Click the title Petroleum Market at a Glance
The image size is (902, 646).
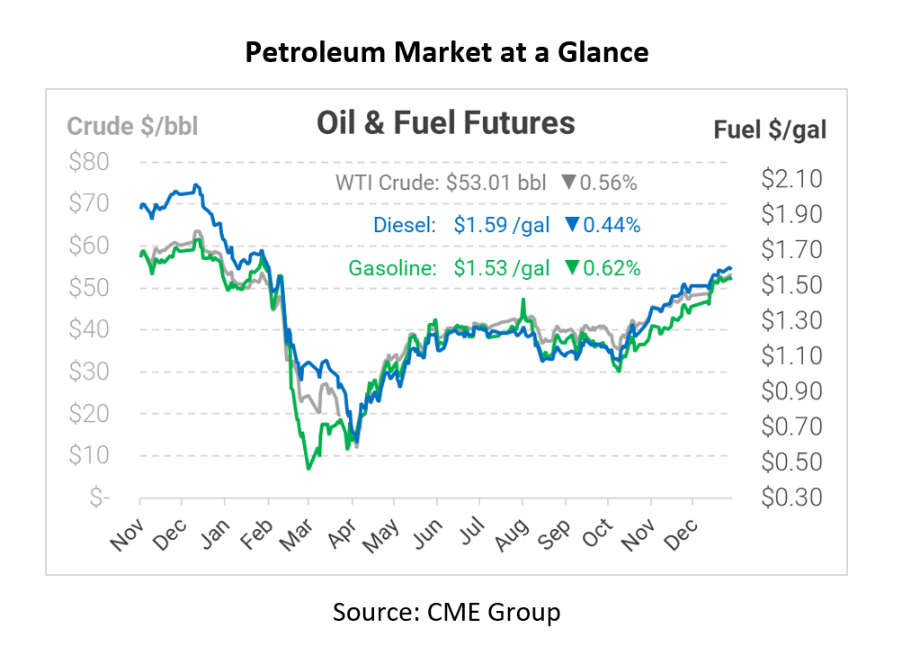tap(447, 52)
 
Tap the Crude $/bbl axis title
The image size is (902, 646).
tap(132, 126)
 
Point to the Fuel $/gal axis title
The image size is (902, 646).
tap(770, 130)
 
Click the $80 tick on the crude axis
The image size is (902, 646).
tap(88, 163)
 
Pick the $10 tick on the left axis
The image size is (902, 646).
tap(88, 455)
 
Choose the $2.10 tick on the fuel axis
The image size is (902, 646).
tap(791, 179)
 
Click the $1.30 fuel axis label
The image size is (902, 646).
tap(791, 320)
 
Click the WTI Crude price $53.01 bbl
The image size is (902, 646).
tap(496, 183)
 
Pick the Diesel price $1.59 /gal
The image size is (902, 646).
tap(502, 225)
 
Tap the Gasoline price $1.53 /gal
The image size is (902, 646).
tap(502, 267)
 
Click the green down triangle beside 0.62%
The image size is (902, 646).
tap(571, 267)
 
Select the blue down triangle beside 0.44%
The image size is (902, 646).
tap(571, 225)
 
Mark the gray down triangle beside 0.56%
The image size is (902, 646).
tap(567, 183)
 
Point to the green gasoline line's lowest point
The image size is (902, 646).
tap(308, 469)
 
